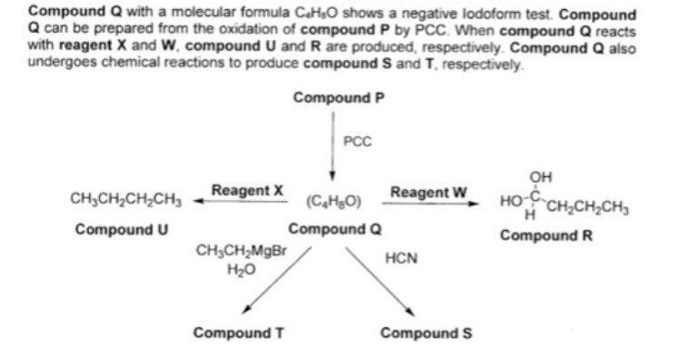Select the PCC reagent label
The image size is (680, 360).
pyautogui.click(x=357, y=142)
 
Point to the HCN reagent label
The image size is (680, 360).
pyautogui.click(x=401, y=258)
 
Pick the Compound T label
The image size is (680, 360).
pyautogui.click(x=239, y=333)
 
